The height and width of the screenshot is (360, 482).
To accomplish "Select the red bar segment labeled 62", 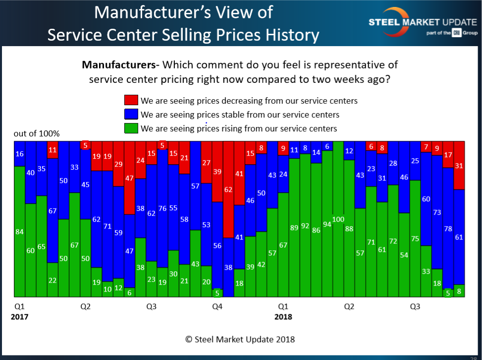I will coord(228,189).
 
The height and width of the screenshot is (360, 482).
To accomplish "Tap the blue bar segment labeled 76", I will coord(162,208).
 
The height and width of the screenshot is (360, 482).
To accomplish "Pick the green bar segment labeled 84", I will coord(19,232).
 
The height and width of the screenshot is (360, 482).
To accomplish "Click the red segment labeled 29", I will coord(118,164).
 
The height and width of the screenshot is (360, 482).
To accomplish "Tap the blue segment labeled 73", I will coord(436,212).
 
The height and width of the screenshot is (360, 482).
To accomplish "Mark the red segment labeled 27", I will coord(207,163).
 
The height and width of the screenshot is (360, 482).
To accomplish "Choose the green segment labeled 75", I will coord(415,239).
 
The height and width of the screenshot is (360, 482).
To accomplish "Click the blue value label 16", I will coord(19,154).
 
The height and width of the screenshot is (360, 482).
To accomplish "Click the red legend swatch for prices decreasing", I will coord(131,101).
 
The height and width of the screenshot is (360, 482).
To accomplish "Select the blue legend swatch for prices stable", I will coord(131,115).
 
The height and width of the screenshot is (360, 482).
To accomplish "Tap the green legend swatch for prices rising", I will coord(131,128).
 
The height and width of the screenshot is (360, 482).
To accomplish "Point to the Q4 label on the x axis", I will coord(217,307).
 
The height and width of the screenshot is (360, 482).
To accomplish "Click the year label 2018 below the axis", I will coord(283,317).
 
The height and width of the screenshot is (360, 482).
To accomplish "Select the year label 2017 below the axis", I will coord(19,317).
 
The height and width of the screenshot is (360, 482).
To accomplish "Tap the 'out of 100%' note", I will coord(37,134).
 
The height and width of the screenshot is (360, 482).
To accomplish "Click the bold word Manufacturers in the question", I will coord(117,65).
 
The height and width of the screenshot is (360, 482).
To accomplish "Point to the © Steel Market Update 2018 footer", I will coord(240,339).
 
